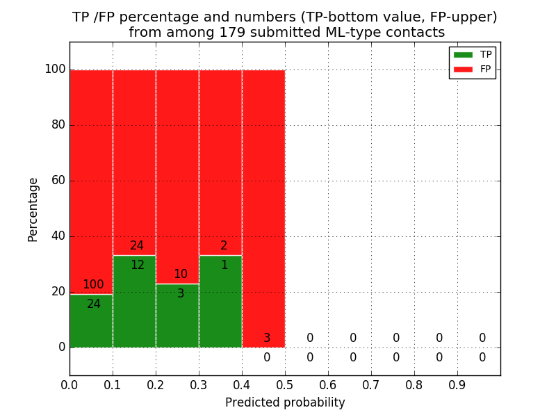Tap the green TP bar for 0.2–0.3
point(177,320)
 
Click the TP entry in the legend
point(472,54)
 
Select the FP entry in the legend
point(472,69)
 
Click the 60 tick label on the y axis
point(58,181)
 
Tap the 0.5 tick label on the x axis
point(285,384)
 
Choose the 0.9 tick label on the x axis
point(457,384)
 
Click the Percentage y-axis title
point(33,209)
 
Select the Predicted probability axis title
point(285,402)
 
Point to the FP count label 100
point(93,285)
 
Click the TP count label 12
point(138,265)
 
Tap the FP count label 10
point(181,275)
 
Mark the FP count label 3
point(267,338)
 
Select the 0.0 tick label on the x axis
point(69,384)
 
